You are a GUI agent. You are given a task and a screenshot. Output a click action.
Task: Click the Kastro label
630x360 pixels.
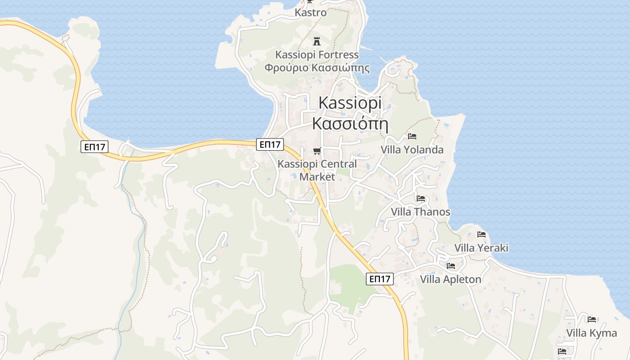click(310, 13)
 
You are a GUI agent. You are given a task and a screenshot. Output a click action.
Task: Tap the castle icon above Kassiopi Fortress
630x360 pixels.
click(317, 41)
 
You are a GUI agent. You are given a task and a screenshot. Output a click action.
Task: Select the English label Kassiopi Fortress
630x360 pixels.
click(317, 55)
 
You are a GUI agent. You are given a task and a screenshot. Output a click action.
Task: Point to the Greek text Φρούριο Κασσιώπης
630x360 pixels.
click(317, 68)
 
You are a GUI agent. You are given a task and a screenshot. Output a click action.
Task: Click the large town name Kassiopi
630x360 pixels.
click(350, 103)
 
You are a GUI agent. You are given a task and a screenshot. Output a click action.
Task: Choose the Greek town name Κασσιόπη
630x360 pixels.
click(350, 123)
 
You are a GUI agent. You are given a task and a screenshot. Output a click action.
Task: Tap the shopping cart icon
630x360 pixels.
click(317, 151)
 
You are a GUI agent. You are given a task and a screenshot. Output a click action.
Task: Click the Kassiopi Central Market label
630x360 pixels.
click(317, 170)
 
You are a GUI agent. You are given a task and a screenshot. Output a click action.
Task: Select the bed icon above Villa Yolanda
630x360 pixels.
click(412, 136)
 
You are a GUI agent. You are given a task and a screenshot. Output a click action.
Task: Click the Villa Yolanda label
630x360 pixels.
click(412, 150)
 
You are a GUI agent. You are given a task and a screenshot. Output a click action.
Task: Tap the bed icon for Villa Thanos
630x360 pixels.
click(421, 198)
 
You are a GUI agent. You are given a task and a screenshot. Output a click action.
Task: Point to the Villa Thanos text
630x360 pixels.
click(420, 212)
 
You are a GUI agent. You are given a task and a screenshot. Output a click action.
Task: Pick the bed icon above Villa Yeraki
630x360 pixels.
click(481, 234)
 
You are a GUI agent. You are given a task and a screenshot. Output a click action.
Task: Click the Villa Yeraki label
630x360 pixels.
click(481, 248)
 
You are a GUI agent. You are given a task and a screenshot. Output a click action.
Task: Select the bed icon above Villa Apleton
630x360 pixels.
click(451, 266)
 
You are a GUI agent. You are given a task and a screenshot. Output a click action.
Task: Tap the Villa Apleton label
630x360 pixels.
click(450, 279)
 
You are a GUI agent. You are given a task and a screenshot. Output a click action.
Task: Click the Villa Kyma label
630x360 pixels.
click(591, 333)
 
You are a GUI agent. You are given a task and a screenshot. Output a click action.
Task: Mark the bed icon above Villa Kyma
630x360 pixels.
click(592, 319)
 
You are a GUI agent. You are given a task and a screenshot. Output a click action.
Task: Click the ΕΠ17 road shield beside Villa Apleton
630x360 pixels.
click(380, 279)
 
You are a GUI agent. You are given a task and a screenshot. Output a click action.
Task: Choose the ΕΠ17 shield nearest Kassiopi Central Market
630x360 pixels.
click(270, 144)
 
